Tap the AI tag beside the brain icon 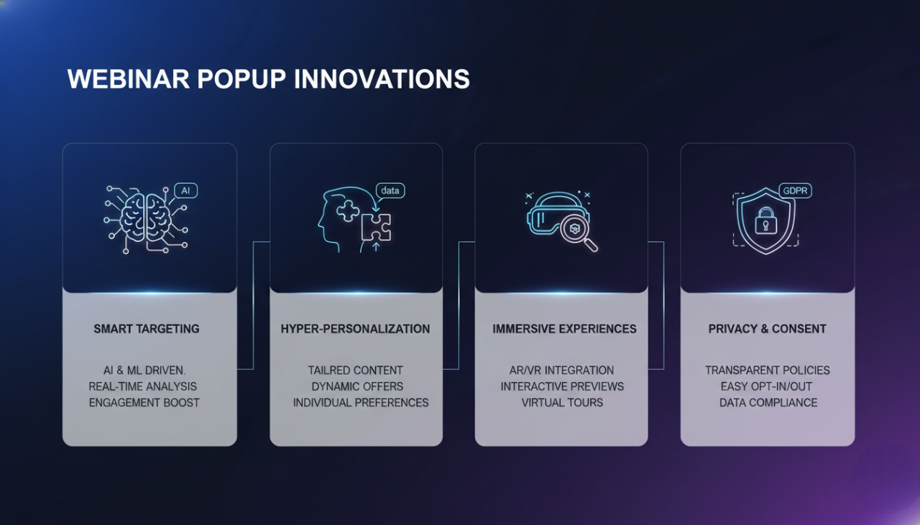185,190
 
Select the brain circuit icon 146,218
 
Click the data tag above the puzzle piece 390,190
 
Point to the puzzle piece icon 376,228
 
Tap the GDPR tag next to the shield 796,192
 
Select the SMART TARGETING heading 147,329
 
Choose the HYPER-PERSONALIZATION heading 355,329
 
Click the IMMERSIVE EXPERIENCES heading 564,329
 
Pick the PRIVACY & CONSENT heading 767,329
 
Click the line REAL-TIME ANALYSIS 143,386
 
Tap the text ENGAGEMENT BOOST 144,402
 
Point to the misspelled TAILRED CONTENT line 355,371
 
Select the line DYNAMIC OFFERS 357,386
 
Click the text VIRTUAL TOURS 562,402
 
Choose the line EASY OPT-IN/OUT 768,386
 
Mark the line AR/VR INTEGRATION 561,371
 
